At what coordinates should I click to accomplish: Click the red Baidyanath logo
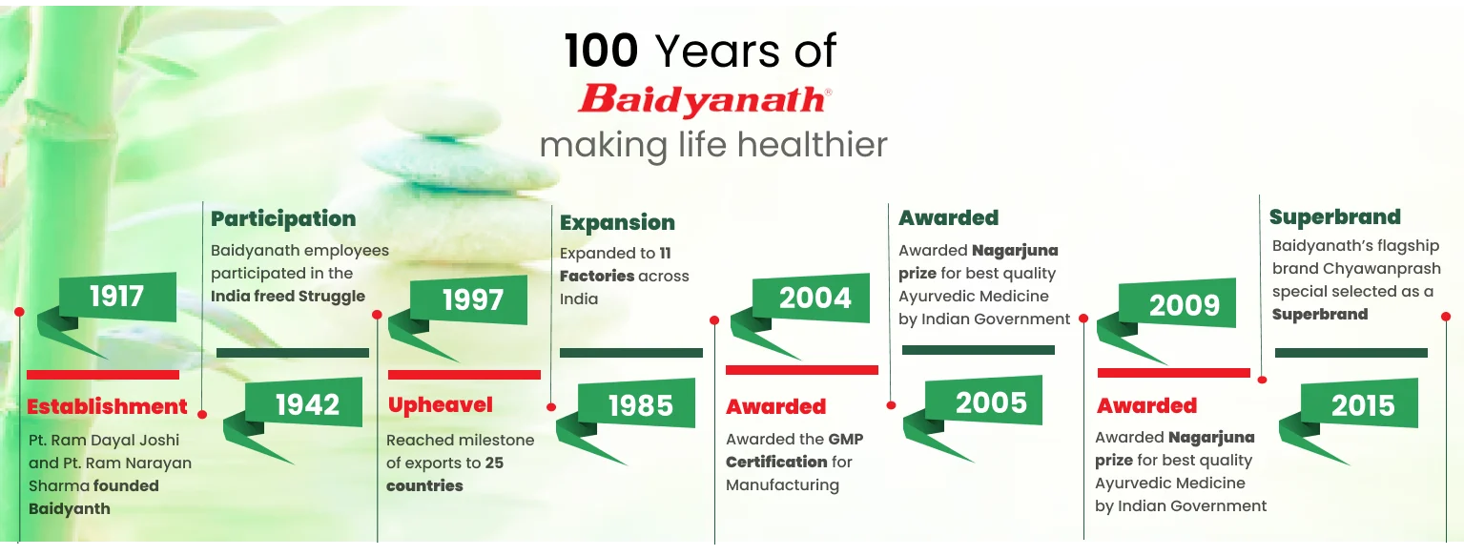tap(705, 100)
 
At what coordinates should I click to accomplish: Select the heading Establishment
tap(107, 407)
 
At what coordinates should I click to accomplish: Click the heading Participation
tap(283, 219)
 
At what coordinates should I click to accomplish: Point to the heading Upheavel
tap(441, 405)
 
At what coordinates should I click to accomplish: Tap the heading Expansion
tap(617, 223)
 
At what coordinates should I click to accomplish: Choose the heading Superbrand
tap(1334, 216)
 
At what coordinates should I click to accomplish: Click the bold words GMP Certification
tap(794, 451)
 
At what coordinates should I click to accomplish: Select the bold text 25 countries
tap(444, 474)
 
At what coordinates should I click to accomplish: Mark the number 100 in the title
tap(601, 51)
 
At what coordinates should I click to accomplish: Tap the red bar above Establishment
tap(103, 375)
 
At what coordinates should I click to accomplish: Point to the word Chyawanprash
tap(1382, 269)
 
